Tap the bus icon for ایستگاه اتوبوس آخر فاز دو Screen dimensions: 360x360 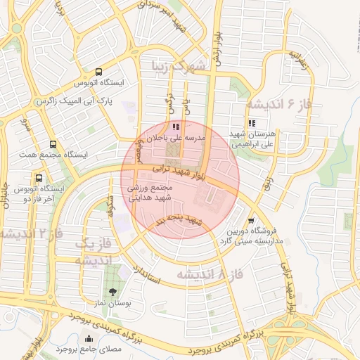coord(39,179)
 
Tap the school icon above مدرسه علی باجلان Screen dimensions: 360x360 coord(176,127)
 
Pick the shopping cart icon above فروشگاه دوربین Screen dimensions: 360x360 coord(251,221)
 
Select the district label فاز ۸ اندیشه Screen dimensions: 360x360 coord(209,273)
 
